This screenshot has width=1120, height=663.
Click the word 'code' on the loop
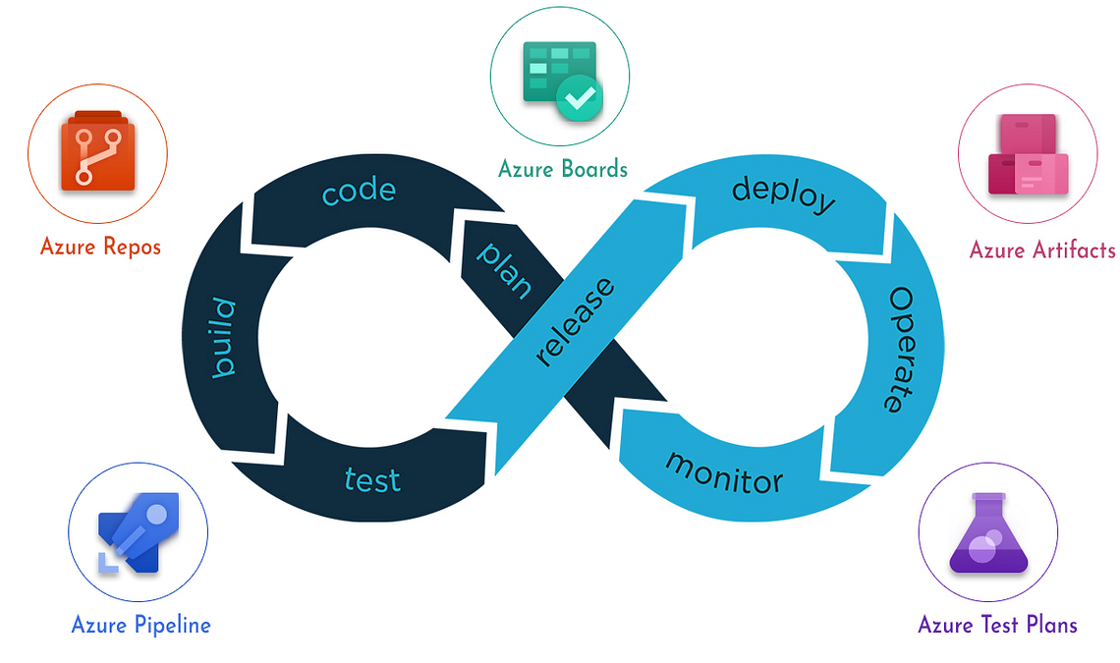tap(359, 191)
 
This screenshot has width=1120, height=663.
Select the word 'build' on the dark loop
tap(224, 337)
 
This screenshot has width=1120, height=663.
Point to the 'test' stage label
tap(372, 479)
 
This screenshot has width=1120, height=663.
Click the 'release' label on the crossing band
tap(575, 321)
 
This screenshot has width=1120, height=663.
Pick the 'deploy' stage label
tap(784, 194)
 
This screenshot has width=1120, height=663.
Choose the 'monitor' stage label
tap(724, 473)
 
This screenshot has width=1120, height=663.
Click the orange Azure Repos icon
tap(98, 150)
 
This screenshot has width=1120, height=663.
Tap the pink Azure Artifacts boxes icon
tap(1028, 154)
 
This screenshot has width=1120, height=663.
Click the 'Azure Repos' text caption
tap(101, 247)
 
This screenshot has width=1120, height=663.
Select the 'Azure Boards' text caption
tap(563, 169)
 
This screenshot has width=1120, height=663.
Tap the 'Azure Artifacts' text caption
tap(1042, 249)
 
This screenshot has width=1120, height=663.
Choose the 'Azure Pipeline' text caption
tap(140, 625)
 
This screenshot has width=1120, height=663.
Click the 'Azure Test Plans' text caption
tap(997, 625)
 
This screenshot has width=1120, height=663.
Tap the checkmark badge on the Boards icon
tap(580, 98)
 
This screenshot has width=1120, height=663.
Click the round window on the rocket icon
tap(156, 514)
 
